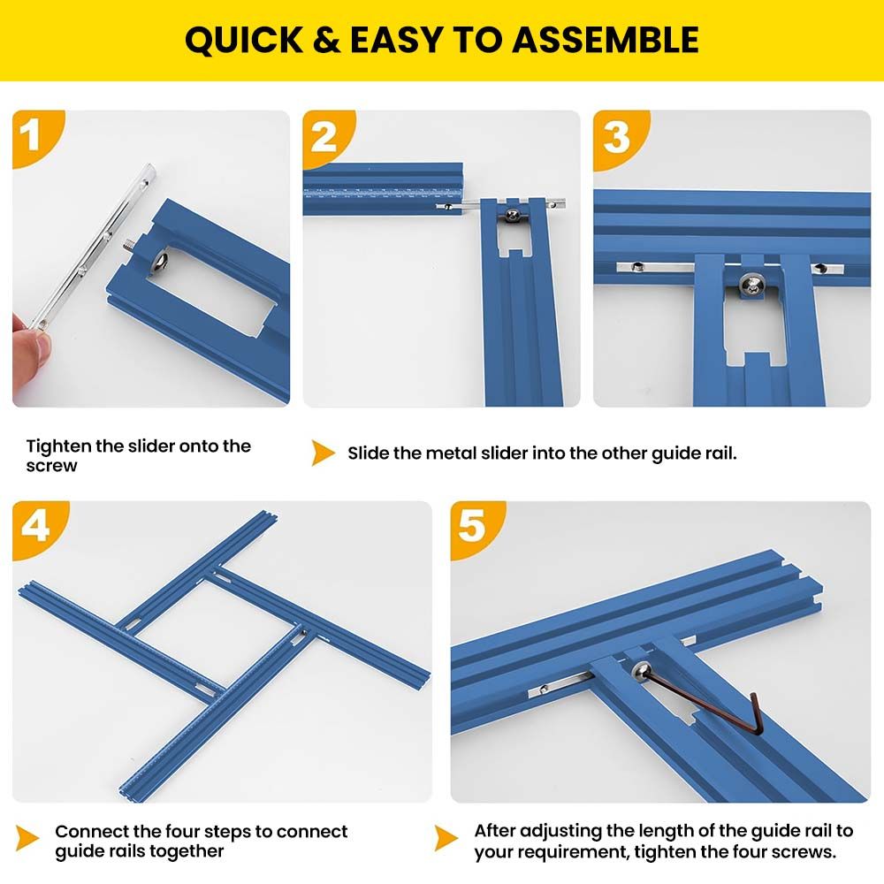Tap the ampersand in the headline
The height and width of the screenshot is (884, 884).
point(326,40)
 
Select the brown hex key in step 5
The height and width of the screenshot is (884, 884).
point(705,703)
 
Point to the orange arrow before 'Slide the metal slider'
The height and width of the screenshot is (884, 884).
point(323,453)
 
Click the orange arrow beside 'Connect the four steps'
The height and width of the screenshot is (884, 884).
point(27,838)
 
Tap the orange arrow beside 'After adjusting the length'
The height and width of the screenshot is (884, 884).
point(446,838)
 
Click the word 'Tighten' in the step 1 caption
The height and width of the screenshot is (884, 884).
point(58,446)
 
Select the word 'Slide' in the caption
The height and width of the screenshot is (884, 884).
point(368,453)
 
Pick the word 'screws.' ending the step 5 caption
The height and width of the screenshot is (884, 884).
point(804,851)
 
